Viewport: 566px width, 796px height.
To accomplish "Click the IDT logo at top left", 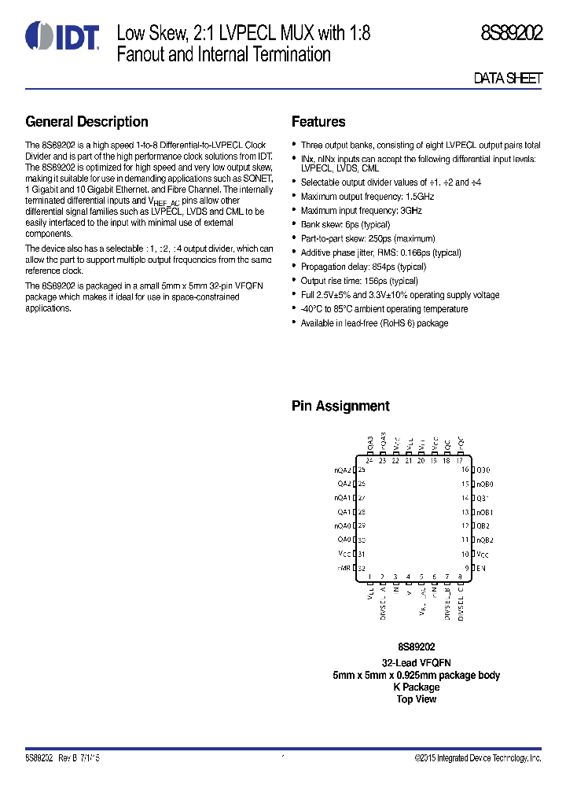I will [x=62, y=36].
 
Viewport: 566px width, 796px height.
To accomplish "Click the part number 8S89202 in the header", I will [x=512, y=34].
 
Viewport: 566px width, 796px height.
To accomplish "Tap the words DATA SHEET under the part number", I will [x=508, y=79].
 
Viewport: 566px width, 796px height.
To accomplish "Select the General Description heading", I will [x=86, y=122].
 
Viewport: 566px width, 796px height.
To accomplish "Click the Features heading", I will [x=318, y=122].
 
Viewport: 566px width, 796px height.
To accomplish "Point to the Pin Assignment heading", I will [x=340, y=407].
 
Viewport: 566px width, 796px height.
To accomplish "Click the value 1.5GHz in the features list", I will [x=419, y=197].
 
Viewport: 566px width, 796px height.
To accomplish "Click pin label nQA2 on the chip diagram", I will [x=342, y=470].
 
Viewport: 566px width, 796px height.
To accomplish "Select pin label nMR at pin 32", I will [x=344, y=568].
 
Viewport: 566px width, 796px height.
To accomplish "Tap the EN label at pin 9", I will [x=482, y=568].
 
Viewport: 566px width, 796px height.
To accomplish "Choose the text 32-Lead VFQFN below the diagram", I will [x=416, y=663].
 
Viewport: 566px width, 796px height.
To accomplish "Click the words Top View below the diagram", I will [x=416, y=699].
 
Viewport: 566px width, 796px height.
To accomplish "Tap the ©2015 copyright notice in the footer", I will [x=478, y=758].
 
